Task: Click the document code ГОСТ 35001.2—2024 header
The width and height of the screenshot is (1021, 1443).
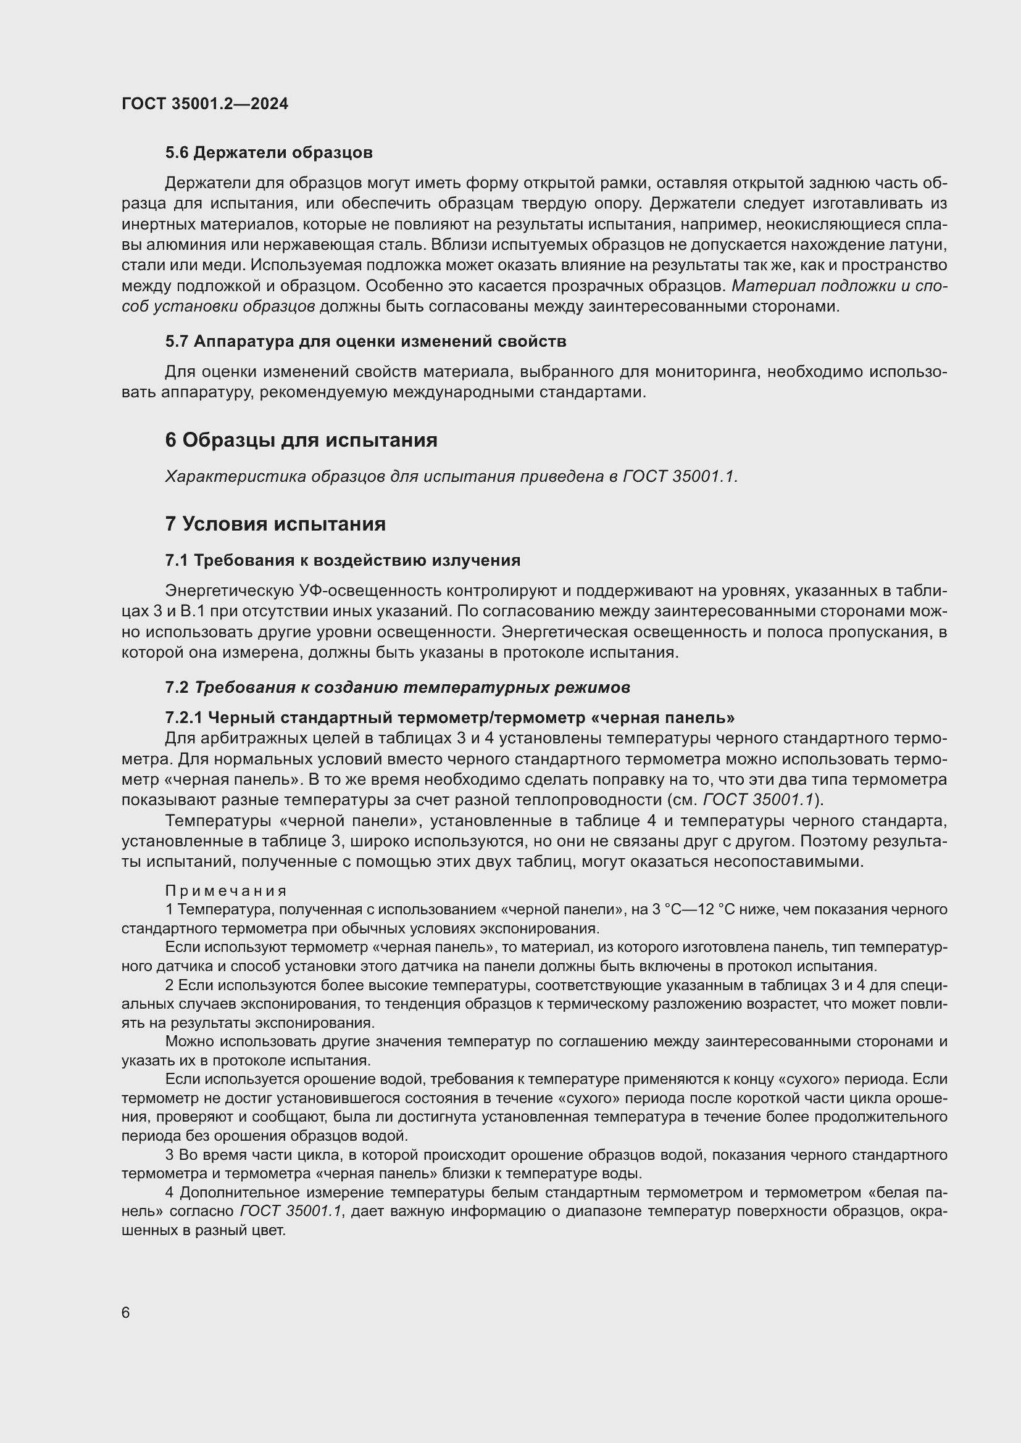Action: point(205,104)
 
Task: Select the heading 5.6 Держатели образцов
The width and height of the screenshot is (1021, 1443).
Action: point(269,153)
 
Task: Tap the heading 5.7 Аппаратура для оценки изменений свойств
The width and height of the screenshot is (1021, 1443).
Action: point(365,341)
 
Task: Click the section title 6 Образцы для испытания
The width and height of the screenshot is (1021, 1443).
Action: point(301,440)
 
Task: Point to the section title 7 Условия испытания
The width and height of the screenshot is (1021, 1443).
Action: point(275,524)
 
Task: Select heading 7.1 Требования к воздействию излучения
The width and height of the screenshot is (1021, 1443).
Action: point(343,560)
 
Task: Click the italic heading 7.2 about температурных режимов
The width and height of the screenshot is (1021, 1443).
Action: point(398,687)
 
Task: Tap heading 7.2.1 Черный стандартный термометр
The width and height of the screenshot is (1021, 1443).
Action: point(449,717)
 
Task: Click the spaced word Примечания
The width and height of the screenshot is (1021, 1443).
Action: point(226,891)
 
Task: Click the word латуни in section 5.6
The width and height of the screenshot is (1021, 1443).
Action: point(923,244)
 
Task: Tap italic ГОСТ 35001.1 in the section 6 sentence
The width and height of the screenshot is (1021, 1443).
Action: point(680,476)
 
